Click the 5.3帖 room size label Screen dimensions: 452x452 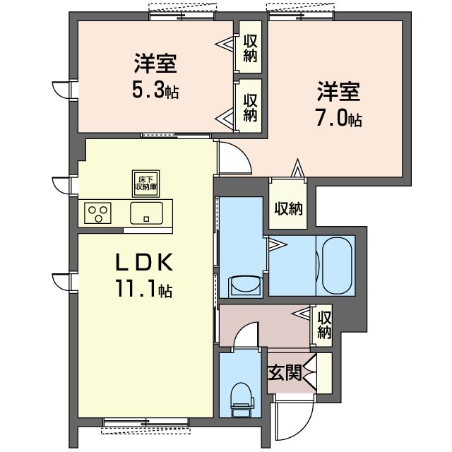click(x=155, y=90)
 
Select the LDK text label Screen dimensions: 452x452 click(x=144, y=262)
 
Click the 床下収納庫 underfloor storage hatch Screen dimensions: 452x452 click(x=146, y=184)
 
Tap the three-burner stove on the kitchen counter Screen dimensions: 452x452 click(x=97, y=213)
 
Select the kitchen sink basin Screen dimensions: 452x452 click(x=146, y=213)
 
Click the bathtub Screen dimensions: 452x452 click(x=337, y=266)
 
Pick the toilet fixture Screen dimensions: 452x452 click(x=242, y=400)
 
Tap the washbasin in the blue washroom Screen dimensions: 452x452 click(x=246, y=285)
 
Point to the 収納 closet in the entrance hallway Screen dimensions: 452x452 click(x=324, y=325)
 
